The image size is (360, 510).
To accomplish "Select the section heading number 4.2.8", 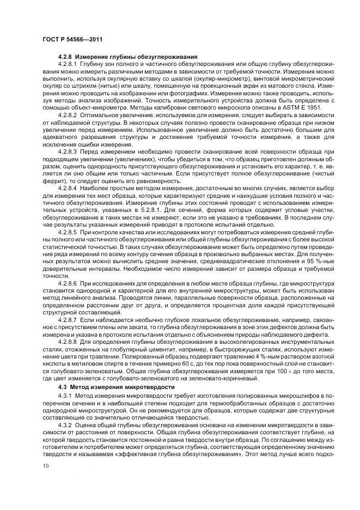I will pos(65,57).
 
